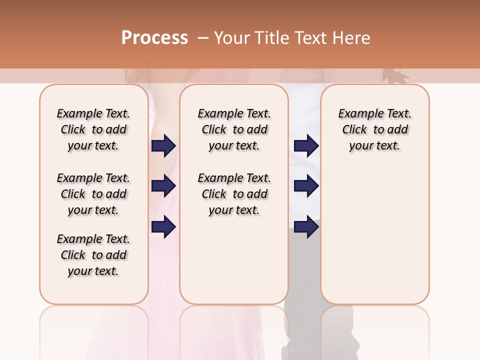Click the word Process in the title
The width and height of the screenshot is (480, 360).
[154, 38]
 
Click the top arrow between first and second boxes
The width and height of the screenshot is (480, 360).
[163, 145]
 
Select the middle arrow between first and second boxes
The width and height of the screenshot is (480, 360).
[163, 186]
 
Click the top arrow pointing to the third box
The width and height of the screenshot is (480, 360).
[306, 145]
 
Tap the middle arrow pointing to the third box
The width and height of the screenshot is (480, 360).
[306, 186]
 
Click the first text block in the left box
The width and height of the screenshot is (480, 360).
[93, 129]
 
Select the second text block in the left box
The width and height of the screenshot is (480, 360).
[93, 194]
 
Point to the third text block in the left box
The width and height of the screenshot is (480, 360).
[93, 255]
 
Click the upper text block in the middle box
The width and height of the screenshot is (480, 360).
[234, 129]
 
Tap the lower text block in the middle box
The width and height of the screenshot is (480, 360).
[234, 194]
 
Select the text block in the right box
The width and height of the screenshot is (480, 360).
[374, 129]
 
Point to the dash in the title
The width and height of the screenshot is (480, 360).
[202, 38]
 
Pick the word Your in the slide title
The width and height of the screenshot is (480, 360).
[232, 38]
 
